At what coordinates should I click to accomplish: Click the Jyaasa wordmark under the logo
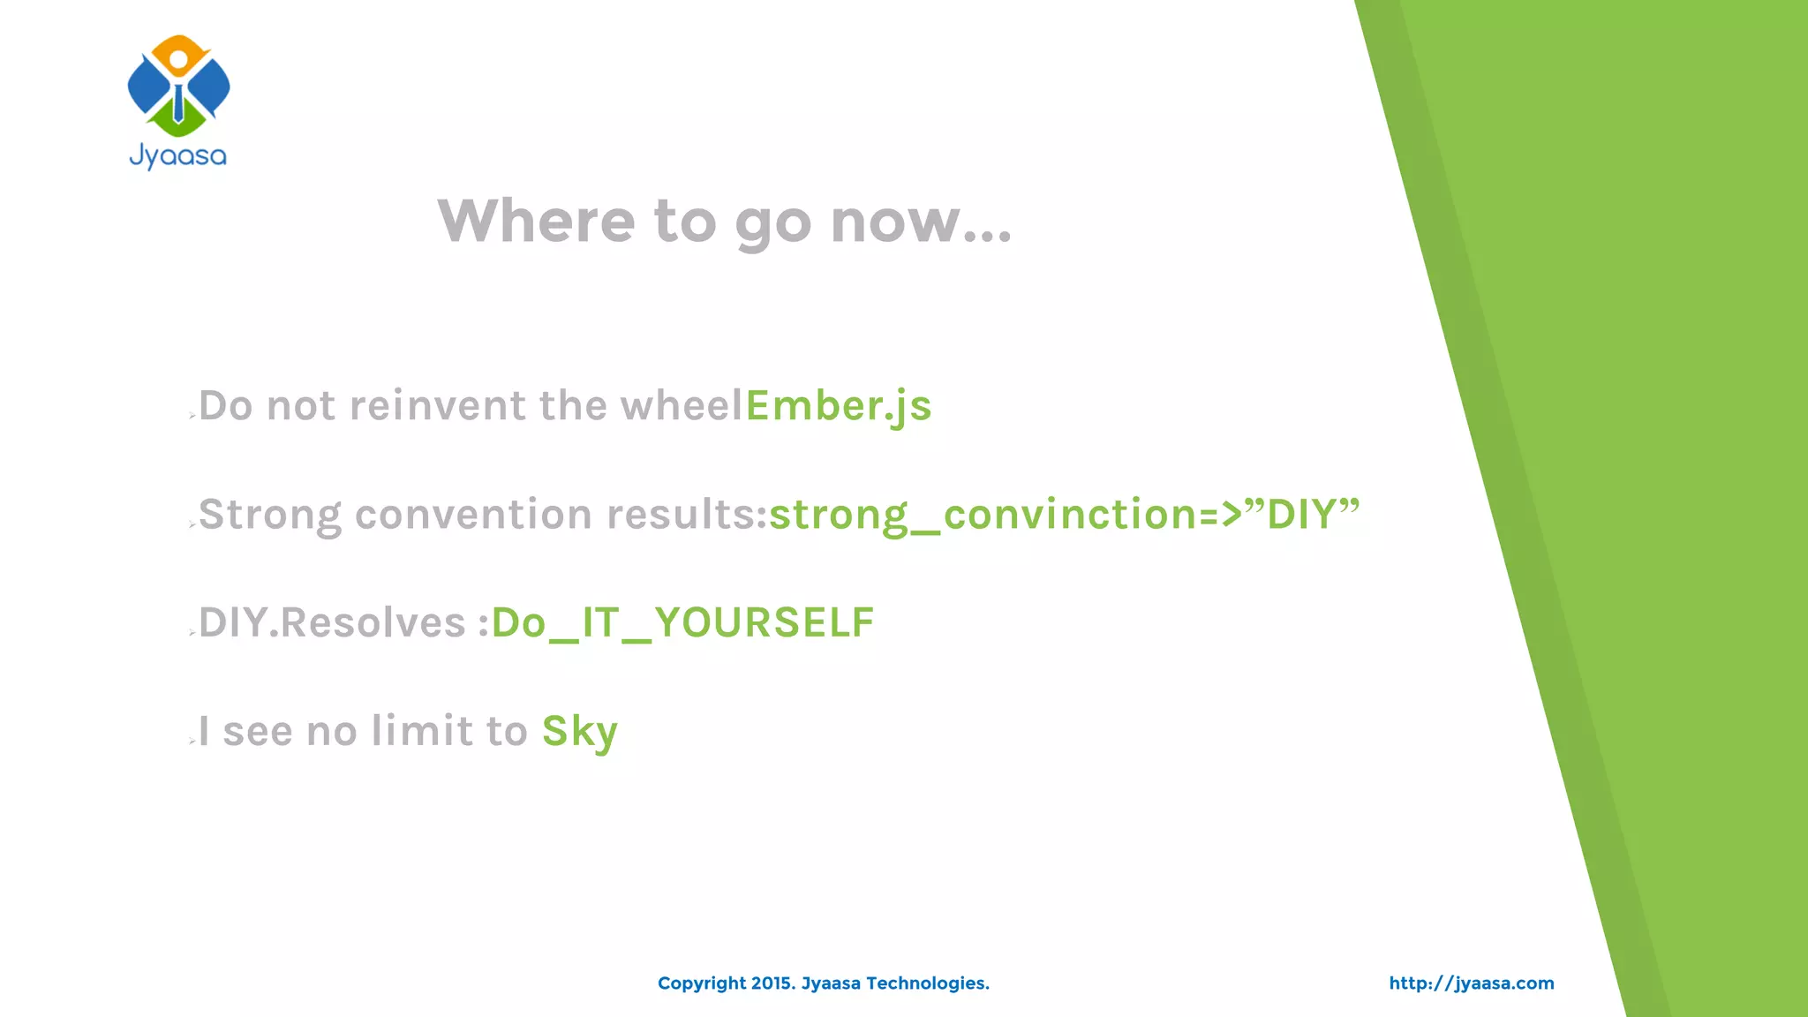click(178, 157)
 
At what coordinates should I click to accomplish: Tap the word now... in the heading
click(921, 221)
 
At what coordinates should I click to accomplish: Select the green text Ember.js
click(839, 406)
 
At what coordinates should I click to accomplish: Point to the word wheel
click(682, 406)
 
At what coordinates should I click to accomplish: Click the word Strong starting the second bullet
click(270, 515)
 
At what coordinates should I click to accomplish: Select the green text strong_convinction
click(983, 515)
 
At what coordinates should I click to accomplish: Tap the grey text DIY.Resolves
click(332, 623)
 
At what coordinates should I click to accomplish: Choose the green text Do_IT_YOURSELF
click(682, 623)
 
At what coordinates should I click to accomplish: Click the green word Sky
click(579, 732)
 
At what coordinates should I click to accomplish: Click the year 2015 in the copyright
click(772, 983)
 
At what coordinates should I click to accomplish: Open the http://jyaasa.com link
click(1471, 983)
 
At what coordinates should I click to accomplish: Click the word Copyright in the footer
click(702, 983)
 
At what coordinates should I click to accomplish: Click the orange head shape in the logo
click(178, 53)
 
